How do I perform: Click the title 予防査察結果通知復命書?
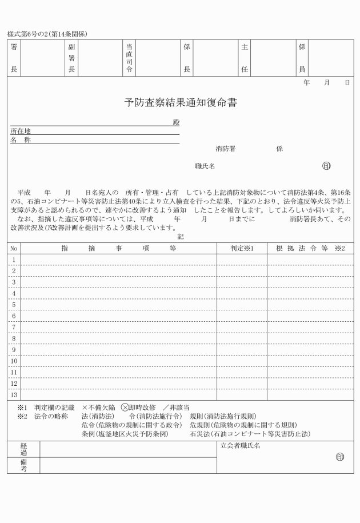point(180,103)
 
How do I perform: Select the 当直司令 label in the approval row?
point(129,59)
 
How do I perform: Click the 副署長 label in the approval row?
point(71,59)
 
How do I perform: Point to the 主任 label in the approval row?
point(245,59)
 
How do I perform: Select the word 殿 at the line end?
point(176,122)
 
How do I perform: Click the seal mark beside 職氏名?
point(326,166)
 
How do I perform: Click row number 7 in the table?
point(14,327)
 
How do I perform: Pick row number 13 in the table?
point(14,394)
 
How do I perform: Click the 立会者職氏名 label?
point(239,446)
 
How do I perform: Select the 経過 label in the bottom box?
point(23,448)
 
